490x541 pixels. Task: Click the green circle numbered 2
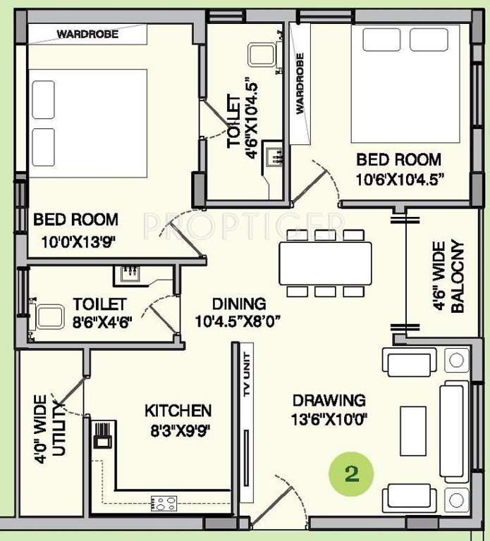352,472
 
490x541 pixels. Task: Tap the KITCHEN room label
178,410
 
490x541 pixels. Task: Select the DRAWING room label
329,400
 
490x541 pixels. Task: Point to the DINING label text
239,304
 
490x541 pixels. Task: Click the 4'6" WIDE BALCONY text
448,277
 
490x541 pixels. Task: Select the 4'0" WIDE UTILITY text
49,425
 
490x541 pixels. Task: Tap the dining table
325,263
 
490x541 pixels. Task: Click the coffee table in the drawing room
413,430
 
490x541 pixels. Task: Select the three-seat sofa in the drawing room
454,430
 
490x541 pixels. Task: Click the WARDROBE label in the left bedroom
87,33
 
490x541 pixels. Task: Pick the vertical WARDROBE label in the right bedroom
300,83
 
